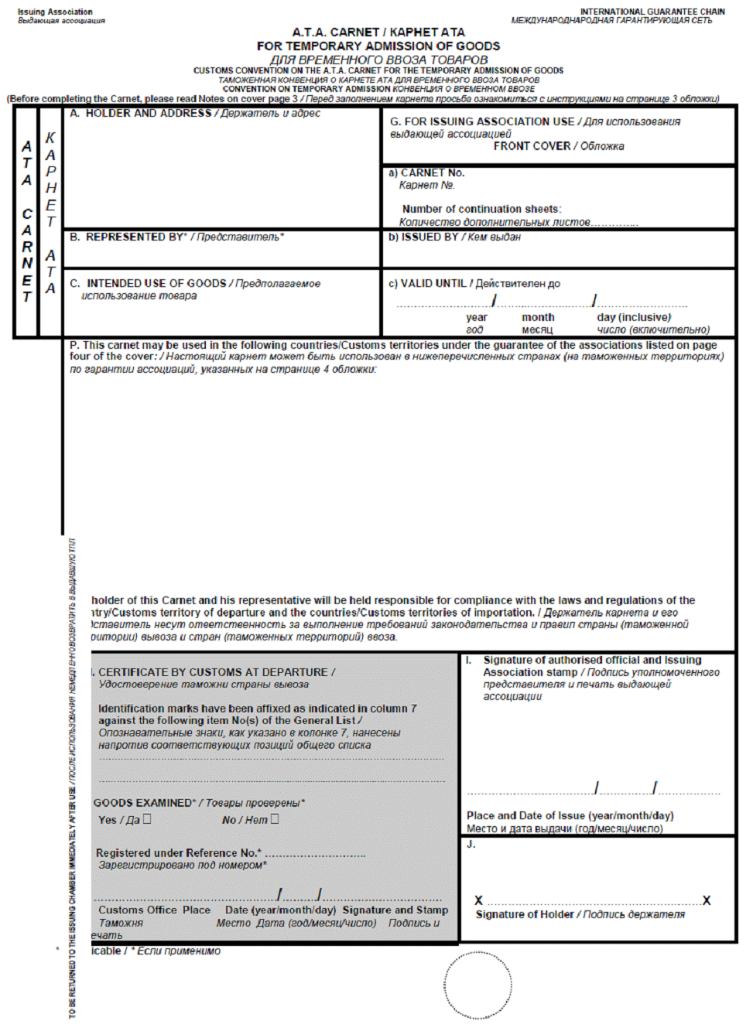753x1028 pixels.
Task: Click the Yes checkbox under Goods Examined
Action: tap(147, 818)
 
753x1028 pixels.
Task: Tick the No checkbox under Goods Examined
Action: tap(275, 818)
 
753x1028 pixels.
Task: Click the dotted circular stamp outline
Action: tap(478, 985)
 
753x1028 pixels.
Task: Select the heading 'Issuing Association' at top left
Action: tap(55, 12)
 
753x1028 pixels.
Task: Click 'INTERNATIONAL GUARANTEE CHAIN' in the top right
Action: tap(652, 12)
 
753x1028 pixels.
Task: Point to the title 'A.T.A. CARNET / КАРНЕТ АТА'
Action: tap(378, 32)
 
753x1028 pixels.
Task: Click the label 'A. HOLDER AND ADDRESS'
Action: tap(140, 114)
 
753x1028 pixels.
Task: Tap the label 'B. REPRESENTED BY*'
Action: tap(128, 237)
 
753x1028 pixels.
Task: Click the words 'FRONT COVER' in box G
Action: tap(532, 146)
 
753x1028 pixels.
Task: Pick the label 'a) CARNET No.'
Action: tap(426, 173)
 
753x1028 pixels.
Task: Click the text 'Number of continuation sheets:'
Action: tap(481, 210)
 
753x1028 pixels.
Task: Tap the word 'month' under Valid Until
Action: tap(538, 318)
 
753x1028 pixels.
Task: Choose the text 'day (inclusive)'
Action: tap(634, 318)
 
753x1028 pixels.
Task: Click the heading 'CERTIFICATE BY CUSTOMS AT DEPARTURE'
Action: tap(214, 673)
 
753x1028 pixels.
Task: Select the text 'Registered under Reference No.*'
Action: tap(178, 853)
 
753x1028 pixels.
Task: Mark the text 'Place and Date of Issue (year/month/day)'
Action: tap(570, 816)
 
